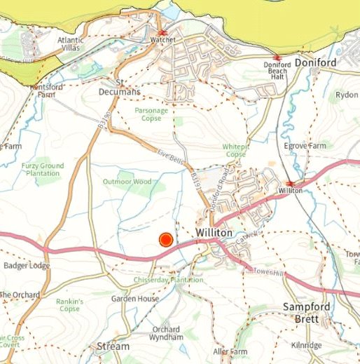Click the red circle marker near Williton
[x=166, y=241]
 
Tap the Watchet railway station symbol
[x=162, y=33]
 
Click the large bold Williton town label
[x=195, y=232]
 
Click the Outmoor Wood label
[x=127, y=182]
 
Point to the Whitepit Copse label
[x=235, y=150]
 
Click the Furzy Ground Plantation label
[x=42, y=170]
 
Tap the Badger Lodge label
[x=26, y=266]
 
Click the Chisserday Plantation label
[x=168, y=280]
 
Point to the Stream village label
[x=113, y=346]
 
